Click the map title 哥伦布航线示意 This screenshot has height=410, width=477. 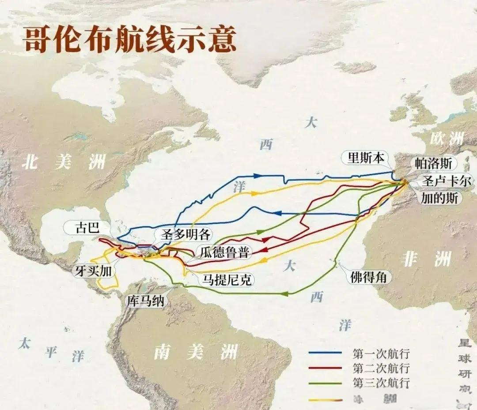pyautogui.click(x=129, y=41)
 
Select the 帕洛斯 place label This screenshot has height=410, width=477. pyautogui.click(x=433, y=163)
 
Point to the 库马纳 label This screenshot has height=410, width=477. pyautogui.click(x=146, y=301)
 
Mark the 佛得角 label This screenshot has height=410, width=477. pyautogui.click(x=368, y=277)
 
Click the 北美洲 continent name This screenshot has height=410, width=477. pyautogui.click(x=64, y=162)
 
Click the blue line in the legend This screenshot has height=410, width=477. pyautogui.click(x=325, y=353)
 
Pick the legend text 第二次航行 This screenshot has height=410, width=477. pyautogui.click(x=381, y=368)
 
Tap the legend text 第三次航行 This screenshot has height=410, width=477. pyautogui.click(x=381, y=382)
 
